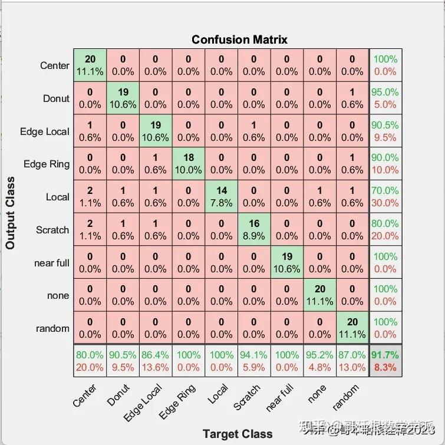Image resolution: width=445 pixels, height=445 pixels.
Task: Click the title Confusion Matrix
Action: [x=239, y=39]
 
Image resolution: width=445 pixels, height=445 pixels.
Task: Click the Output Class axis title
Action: [x=10, y=213]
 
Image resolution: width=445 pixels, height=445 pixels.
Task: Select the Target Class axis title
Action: [x=238, y=434]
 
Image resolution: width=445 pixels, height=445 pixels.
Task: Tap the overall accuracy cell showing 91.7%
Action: [x=385, y=361]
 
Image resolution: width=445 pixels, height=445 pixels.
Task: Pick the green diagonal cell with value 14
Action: [x=222, y=197]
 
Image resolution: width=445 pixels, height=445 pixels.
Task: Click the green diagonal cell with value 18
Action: [x=189, y=164]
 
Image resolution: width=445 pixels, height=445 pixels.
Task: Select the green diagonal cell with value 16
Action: [x=254, y=230]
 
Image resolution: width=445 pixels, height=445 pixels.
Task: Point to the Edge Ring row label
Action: [x=46, y=164]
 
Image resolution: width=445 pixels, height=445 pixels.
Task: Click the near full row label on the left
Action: [x=51, y=263]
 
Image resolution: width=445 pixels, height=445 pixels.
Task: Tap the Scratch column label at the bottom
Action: [x=247, y=398]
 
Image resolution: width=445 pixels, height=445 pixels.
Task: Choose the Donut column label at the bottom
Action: [x=118, y=395]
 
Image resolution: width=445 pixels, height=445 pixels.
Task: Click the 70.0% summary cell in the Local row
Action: [x=385, y=197]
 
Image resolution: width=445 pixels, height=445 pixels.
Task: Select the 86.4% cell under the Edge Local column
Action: [x=156, y=361]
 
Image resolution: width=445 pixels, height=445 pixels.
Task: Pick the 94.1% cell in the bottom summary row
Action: [x=254, y=361]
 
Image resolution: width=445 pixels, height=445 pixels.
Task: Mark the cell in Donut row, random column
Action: [x=352, y=98]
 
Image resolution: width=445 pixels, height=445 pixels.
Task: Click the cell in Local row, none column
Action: [x=320, y=197]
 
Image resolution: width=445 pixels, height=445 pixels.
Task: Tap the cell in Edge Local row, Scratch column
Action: [x=254, y=131]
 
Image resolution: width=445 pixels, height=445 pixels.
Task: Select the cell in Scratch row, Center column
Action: [x=90, y=230]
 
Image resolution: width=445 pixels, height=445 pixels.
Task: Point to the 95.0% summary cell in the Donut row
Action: [x=385, y=98]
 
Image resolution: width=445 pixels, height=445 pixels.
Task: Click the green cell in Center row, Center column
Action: [x=90, y=65]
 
